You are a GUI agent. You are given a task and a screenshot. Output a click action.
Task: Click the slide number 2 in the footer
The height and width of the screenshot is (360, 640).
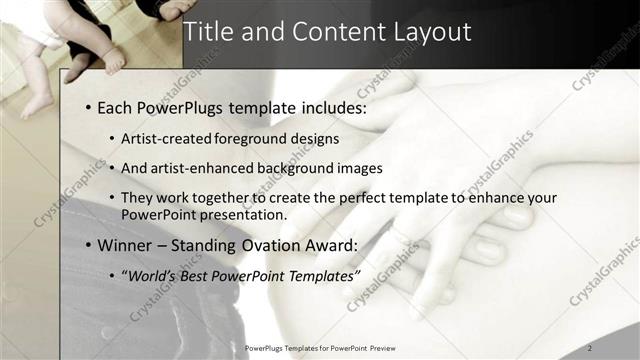pyautogui.click(x=590, y=347)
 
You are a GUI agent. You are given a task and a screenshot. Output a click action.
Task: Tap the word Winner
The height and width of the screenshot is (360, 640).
pyautogui.click(x=128, y=245)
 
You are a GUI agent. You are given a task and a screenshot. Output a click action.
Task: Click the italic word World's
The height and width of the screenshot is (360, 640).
pyautogui.click(x=154, y=275)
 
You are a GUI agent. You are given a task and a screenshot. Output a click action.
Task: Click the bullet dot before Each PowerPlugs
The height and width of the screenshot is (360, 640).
pyautogui.click(x=88, y=106)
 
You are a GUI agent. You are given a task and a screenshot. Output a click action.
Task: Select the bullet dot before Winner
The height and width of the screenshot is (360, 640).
pyautogui.click(x=88, y=245)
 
